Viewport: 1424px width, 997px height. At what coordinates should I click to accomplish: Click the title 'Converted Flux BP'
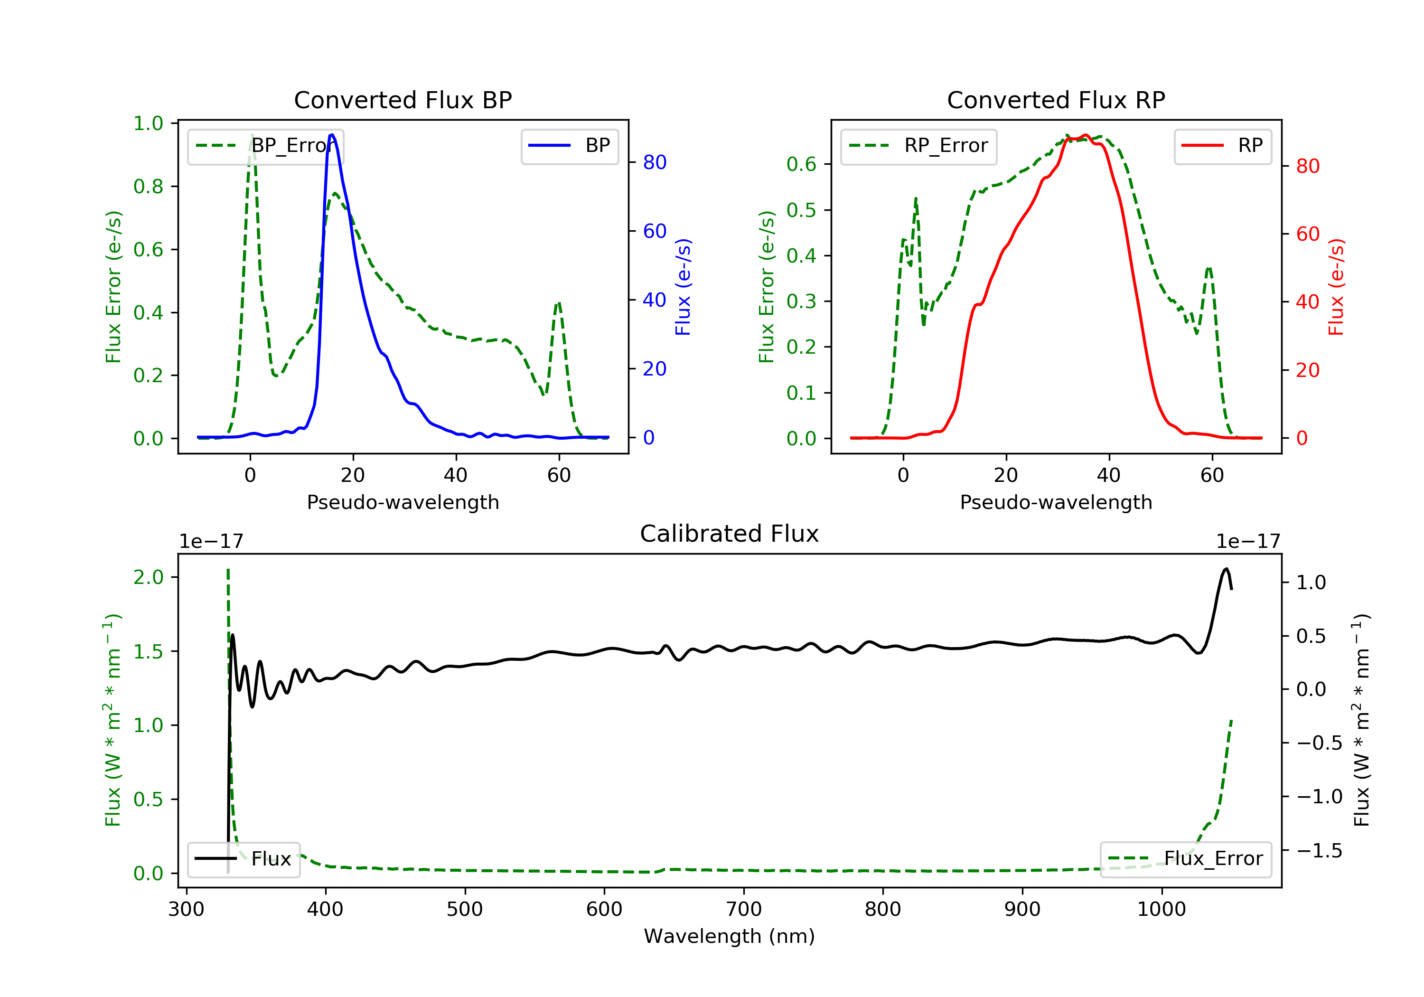pyautogui.click(x=403, y=100)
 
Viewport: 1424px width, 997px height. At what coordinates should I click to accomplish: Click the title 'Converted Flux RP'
pyautogui.click(x=1056, y=100)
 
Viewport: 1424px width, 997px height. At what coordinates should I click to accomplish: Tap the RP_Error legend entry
pyautogui.click(x=918, y=146)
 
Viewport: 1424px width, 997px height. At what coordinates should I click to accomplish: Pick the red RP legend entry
pyautogui.click(x=1222, y=146)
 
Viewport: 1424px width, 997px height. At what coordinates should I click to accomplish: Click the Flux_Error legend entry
pyautogui.click(x=1185, y=859)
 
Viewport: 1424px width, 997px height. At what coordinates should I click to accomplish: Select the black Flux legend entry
pyautogui.click(x=244, y=859)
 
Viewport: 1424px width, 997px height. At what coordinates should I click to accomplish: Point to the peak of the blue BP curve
pyautogui.click(x=332, y=135)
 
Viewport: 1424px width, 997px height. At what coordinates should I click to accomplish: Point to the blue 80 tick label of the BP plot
pyautogui.click(x=654, y=162)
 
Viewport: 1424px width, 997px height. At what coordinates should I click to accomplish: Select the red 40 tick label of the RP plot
pyautogui.click(x=1307, y=302)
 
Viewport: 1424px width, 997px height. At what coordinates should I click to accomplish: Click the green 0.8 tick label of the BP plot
pyautogui.click(x=148, y=186)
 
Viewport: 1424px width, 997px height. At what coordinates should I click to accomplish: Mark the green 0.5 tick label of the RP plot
pyautogui.click(x=801, y=210)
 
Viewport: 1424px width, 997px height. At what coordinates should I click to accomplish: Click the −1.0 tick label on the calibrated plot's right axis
pyautogui.click(x=1319, y=797)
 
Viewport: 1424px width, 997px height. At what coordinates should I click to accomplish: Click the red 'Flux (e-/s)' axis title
pyautogui.click(x=1335, y=287)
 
